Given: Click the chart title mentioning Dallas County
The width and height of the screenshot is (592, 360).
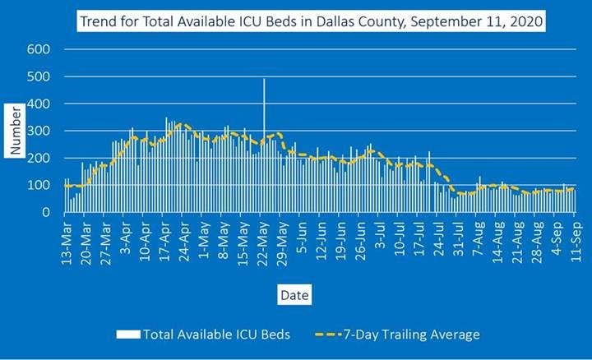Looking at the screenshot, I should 312,21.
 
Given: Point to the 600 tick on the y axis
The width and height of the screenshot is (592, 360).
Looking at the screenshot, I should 40,49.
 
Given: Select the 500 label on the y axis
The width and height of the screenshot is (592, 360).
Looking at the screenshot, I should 40,76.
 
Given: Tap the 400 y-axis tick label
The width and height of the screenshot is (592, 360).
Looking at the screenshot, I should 40,104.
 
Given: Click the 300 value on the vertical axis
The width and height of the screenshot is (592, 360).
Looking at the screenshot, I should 40,131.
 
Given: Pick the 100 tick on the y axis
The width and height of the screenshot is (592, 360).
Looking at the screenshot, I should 40,185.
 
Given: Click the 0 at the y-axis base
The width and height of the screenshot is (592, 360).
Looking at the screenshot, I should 48,212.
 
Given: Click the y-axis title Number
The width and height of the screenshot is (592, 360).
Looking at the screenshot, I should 16,131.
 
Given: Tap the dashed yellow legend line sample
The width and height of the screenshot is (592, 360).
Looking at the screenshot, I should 332,335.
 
